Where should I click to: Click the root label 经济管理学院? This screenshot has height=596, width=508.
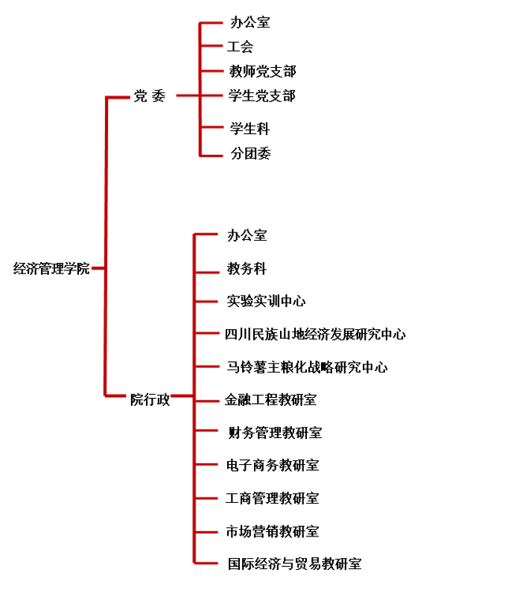point(51,269)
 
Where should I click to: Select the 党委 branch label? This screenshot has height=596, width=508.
point(150,96)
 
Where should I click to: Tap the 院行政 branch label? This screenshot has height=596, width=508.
point(150,400)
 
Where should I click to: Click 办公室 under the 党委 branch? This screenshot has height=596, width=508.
point(250,22)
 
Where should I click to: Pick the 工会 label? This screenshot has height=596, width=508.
point(241,47)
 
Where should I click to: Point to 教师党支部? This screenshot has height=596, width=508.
point(263,72)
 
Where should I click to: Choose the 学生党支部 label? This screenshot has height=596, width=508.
point(262,96)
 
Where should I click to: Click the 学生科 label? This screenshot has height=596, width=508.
point(250,129)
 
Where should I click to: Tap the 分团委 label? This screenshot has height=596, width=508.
point(250,153)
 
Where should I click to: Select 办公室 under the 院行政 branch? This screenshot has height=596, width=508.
point(247,235)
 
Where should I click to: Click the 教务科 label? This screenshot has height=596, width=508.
point(247,268)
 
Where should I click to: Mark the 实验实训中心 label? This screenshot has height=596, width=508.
point(266,301)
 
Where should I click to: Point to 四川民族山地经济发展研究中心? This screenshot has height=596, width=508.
point(315,335)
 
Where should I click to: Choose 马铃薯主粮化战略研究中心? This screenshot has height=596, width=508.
point(307,367)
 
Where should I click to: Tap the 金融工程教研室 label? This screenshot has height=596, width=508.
point(271,400)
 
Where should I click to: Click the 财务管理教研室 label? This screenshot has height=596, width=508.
point(275,433)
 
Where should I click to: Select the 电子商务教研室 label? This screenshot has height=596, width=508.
point(273,466)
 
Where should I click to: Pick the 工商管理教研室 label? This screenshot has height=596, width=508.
point(273,498)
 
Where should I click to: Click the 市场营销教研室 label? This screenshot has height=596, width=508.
point(273,531)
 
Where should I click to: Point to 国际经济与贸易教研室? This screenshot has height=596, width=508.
point(295,564)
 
